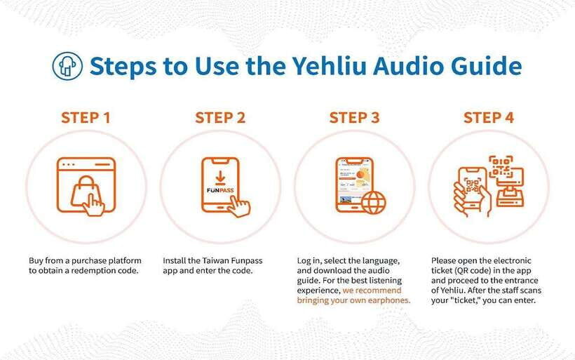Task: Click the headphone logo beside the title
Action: coord(67,66)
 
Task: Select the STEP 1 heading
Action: coord(86,118)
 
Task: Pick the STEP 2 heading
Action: coord(220,118)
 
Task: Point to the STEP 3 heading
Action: coord(354,118)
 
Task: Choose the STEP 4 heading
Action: coord(489,118)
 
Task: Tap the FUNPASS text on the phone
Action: coord(220,190)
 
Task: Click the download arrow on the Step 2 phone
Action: coord(220,178)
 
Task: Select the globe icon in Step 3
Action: coord(374,202)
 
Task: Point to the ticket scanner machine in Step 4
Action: coord(510,188)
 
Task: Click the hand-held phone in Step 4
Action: coord(472,188)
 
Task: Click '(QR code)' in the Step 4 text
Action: coord(473,271)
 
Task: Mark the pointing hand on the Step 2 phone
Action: coord(238,206)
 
